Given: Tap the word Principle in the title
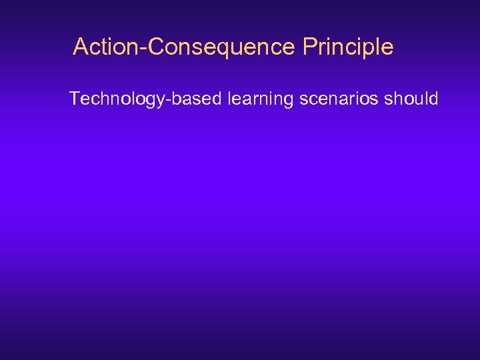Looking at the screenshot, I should click(347, 47).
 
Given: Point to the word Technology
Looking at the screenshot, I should click(119, 99).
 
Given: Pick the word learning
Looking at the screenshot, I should click(260, 99).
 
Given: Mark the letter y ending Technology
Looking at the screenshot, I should click(165, 101).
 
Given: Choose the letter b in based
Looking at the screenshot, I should click(180, 99).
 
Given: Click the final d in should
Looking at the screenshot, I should click(433, 99).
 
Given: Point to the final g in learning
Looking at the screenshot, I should click(288, 101).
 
